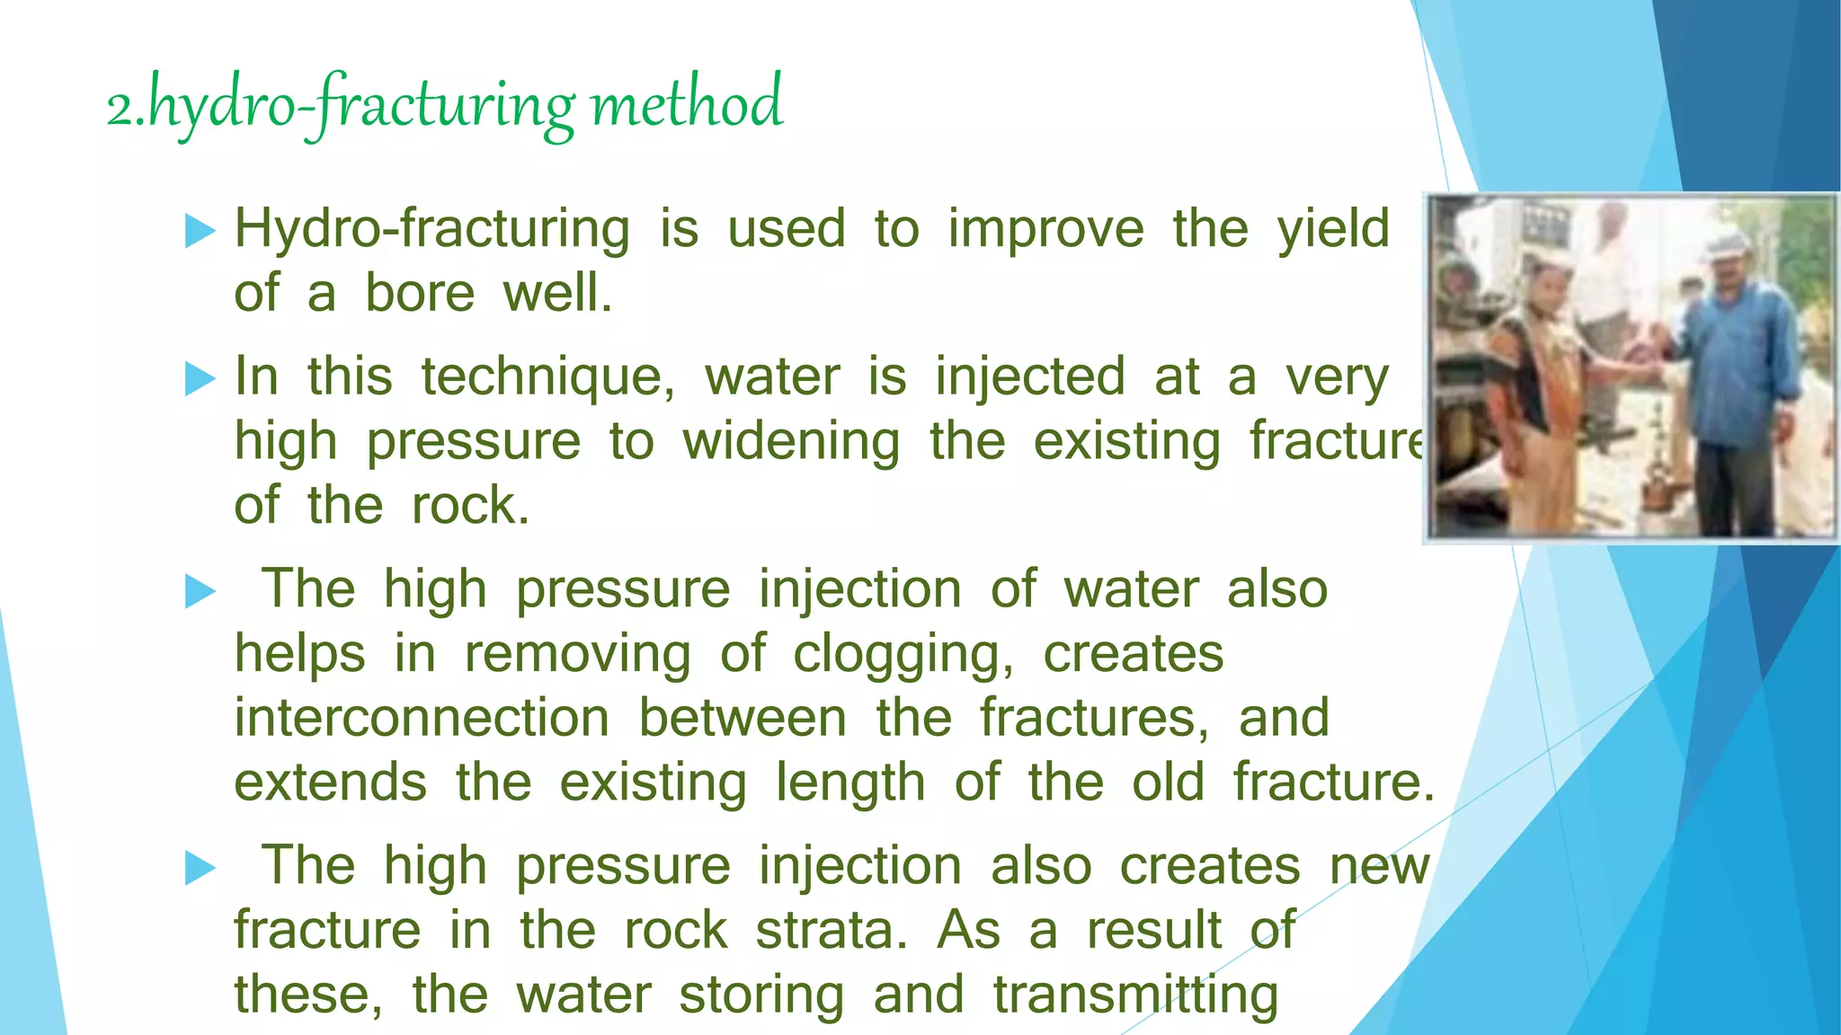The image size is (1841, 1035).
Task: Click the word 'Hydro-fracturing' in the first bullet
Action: click(x=431, y=229)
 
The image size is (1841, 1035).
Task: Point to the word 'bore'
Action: click(x=420, y=294)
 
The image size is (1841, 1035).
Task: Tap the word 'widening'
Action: click(x=791, y=442)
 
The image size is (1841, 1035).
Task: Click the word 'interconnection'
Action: click(x=422, y=719)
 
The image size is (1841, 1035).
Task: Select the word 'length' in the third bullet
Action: click(x=850, y=783)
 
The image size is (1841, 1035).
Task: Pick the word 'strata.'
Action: click(x=832, y=931)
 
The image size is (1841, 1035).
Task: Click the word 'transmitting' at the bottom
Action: click(x=1135, y=995)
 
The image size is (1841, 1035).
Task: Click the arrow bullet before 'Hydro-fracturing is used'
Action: click(x=200, y=231)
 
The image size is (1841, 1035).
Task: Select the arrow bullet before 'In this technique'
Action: click(x=200, y=378)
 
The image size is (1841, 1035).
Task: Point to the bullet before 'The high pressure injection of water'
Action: click(x=200, y=591)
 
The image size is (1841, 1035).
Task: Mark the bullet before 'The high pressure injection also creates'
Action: click(x=200, y=868)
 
